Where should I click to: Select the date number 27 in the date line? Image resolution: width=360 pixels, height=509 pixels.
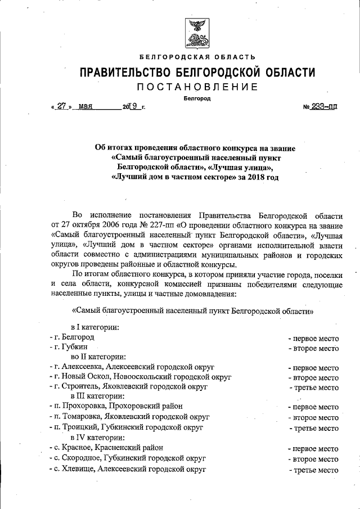pyautogui.click(x=62, y=105)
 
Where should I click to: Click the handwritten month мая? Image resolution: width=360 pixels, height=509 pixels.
pyautogui.click(x=85, y=105)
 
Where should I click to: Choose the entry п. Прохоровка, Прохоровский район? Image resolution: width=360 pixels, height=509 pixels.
pyautogui.click(x=116, y=406)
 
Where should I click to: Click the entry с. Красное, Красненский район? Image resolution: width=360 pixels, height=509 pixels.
pyautogui.click(x=107, y=448)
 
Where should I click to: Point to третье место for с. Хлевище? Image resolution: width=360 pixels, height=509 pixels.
pyautogui.click(x=314, y=469)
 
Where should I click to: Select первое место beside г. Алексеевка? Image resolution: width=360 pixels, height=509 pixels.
pyautogui.click(x=313, y=368)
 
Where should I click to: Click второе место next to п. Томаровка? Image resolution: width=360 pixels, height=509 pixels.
pyautogui.click(x=313, y=417)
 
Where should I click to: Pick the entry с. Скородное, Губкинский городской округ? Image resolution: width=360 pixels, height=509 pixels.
pyautogui.click(x=128, y=458)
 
